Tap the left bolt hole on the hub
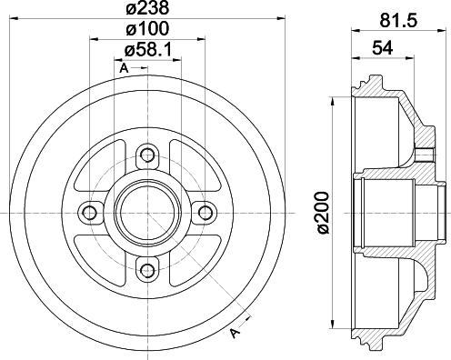tap(89, 212)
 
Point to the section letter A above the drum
tap(122, 66)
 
